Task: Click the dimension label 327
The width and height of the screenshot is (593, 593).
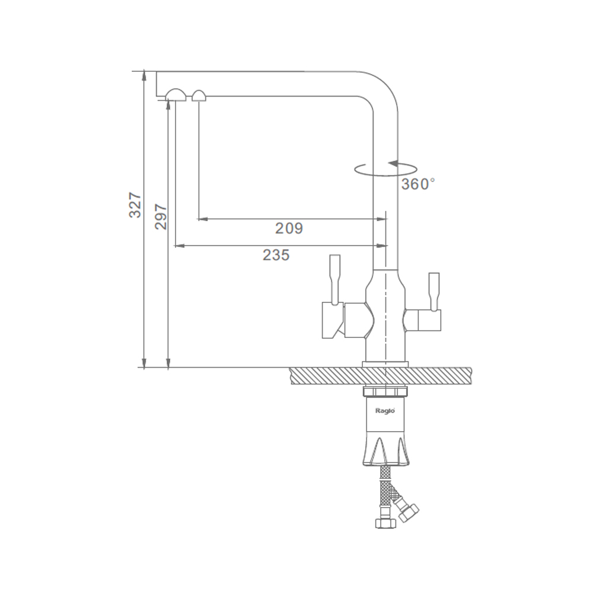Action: coord(135,205)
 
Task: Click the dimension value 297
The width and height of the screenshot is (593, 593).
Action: coord(161,216)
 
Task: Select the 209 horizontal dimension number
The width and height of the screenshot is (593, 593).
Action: coord(289,228)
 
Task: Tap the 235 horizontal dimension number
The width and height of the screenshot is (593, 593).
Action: coord(276,255)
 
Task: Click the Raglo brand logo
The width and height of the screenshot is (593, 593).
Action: coord(385,411)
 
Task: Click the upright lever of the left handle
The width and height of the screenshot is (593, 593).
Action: coord(335,279)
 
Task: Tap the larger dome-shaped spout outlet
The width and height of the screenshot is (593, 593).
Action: coord(176,95)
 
